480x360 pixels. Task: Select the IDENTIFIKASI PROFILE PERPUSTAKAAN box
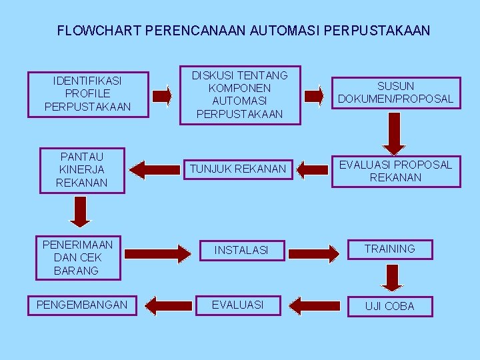point(87,94)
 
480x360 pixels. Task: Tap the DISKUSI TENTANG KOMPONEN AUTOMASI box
point(239,95)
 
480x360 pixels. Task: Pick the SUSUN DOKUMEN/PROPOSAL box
point(395,93)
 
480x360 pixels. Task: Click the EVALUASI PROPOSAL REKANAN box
point(395,171)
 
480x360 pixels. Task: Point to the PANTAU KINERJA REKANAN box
point(82,169)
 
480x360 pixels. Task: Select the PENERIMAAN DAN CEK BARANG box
point(78,257)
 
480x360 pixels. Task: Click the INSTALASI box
point(241,251)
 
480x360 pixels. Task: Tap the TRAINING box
point(390,249)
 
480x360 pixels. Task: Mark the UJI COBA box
point(390,306)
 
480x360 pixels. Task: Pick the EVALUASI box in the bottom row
point(237,305)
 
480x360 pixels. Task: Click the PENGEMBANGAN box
point(82,305)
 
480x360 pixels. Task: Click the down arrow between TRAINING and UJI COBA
point(392,276)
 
